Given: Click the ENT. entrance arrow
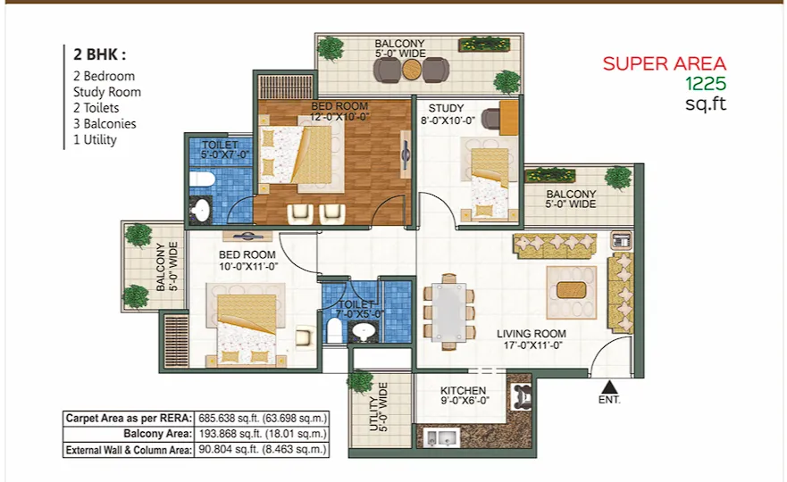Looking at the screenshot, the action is point(609,386).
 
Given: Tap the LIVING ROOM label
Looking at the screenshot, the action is point(532,334).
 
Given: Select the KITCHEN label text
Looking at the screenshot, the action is point(463,390).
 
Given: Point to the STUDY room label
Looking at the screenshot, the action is point(446,108).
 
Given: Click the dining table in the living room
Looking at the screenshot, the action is point(449,312).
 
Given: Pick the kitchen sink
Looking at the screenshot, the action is point(440,438).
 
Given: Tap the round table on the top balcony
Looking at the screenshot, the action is point(412,71).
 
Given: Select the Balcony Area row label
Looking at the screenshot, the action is point(157,434).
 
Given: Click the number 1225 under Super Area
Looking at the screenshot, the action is point(707,84).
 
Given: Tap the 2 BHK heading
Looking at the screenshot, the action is point(99,54).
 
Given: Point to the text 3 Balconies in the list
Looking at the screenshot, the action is point(105,124).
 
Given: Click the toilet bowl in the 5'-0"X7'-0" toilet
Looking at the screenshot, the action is point(202,179).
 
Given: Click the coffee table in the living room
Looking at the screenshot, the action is point(571,291).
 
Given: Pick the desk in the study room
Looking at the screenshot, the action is point(509,118).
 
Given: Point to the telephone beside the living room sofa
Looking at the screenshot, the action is point(622,239).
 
